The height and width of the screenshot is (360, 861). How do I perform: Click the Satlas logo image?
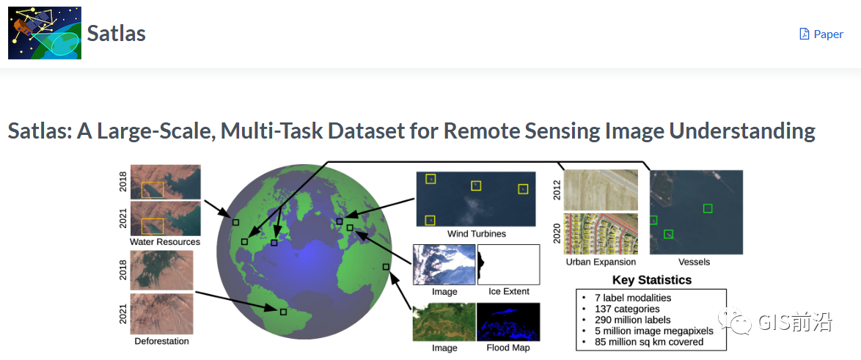(44, 33)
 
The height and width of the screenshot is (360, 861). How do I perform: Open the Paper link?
(821, 34)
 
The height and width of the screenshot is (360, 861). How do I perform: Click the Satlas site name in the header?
(117, 33)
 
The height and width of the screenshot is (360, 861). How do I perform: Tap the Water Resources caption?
(165, 242)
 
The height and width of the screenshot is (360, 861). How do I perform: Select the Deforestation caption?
(161, 341)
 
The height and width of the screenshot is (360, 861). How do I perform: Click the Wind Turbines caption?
(477, 234)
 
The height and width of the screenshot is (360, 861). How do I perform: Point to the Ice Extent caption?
(509, 291)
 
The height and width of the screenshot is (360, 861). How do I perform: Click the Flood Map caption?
(508, 348)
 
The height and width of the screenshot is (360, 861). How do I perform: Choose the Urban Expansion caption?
(601, 262)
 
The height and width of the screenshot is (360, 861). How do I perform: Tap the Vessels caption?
(694, 262)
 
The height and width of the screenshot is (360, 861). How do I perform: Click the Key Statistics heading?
(652, 279)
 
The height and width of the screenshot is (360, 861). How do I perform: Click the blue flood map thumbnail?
(508, 322)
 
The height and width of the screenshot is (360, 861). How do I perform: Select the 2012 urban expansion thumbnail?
(601, 189)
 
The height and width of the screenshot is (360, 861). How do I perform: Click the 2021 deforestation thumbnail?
(161, 314)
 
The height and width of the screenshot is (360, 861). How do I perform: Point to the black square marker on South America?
(283, 312)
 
